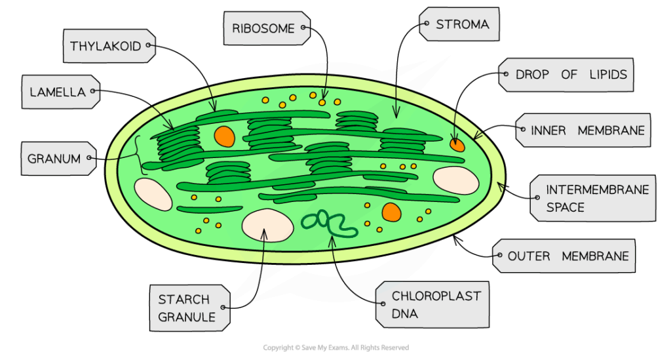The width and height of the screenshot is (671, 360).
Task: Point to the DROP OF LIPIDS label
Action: click(x=567, y=75)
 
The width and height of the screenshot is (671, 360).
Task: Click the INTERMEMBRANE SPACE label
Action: click(x=594, y=198)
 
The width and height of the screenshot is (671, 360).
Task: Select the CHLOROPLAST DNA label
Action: click(x=432, y=305)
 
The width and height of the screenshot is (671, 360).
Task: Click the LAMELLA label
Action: click(x=58, y=92)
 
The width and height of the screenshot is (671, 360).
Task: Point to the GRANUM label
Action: click(x=56, y=159)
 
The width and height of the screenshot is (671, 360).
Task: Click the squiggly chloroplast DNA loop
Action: click(x=328, y=223)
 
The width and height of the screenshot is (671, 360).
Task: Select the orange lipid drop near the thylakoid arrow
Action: click(x=224, y=136)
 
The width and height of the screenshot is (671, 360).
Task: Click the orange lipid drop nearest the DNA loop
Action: click(x=391, y=212)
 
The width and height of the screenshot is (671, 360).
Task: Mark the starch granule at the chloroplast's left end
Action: click(x=153, y=194)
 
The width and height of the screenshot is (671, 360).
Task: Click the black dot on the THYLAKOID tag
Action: click(x=150, y=46)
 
